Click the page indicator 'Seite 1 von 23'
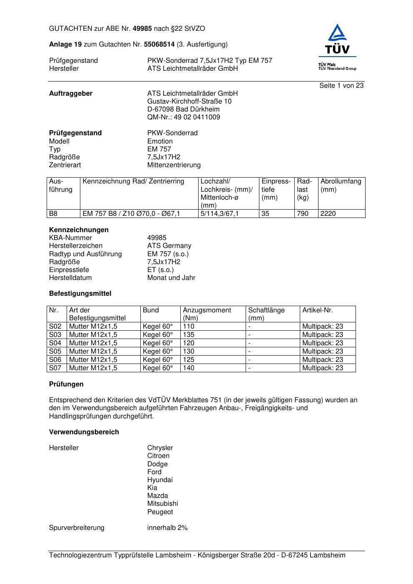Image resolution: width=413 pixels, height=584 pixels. [x=341, y=86]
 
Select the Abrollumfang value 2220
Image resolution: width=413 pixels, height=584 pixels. [x=328, y=214]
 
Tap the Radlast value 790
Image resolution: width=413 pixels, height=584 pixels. [x=303, y=214]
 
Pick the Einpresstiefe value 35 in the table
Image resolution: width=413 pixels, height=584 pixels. [x=266, y=214]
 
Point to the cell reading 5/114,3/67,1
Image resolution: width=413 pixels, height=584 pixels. [x=220, y=214]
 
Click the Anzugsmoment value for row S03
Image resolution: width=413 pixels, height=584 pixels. [x=189, y=335]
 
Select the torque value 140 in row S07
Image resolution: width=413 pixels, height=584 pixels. [x=189, y=368]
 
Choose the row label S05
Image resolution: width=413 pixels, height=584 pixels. [x=55, y=351]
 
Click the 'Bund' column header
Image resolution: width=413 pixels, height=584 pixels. [x=151, y=310]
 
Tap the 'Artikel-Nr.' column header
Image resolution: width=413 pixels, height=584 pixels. [x=318, y=310]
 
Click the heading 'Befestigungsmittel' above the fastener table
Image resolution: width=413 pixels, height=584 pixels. [x=80, y=294]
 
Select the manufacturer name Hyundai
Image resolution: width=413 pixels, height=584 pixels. [x=160, y=480]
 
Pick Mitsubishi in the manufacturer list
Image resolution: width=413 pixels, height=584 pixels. [x=162, y=504]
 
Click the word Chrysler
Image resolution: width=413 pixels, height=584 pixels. [x=160, y=448]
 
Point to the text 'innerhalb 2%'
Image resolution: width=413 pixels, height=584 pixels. [x=167, y=528]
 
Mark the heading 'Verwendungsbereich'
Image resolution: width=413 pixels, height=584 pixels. [x=84, y=432]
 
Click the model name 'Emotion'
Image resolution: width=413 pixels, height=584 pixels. [x=160, y=141]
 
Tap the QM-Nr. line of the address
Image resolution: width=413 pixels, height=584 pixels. [x=184, y=117]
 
